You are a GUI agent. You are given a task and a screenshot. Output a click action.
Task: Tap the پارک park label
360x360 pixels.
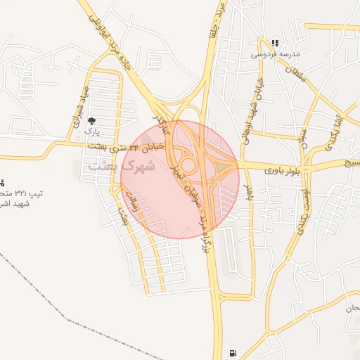[x=92, y=131]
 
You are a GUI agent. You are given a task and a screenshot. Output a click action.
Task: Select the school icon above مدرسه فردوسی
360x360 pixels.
[x=274, y=43]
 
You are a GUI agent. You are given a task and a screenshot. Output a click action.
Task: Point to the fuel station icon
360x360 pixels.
[x=233, y=353]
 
